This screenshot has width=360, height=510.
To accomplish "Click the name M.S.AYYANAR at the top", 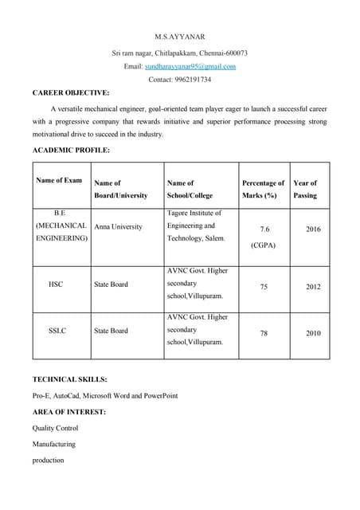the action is point(179,37).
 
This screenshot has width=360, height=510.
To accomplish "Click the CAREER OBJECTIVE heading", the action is point(71,93).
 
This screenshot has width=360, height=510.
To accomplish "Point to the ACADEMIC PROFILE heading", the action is point(71,150).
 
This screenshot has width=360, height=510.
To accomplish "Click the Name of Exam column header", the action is point(59,181).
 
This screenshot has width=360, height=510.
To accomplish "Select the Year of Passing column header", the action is point(305,189).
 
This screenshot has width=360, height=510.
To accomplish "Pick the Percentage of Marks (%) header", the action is point(263,189).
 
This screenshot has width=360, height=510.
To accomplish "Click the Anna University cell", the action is point(118,226).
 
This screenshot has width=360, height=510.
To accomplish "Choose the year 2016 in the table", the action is point(313,229).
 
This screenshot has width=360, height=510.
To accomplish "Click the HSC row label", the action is point(56,284).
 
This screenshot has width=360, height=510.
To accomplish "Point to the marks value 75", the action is point(264,287).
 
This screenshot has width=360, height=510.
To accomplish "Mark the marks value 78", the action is point(264,333).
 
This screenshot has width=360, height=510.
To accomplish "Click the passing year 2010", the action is point(313,333).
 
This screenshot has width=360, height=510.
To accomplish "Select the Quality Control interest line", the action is point(55,428).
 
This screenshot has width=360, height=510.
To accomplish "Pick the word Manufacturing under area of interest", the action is point(53,444).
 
